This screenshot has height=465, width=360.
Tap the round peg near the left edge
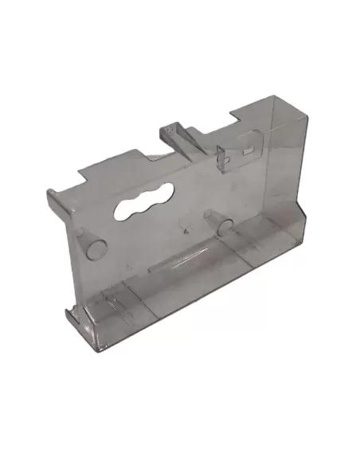pos(95,247)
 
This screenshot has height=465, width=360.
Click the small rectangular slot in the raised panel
pos(248,149)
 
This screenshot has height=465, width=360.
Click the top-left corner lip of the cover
pos(50,190)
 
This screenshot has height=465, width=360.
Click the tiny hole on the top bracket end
pos(170,128)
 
